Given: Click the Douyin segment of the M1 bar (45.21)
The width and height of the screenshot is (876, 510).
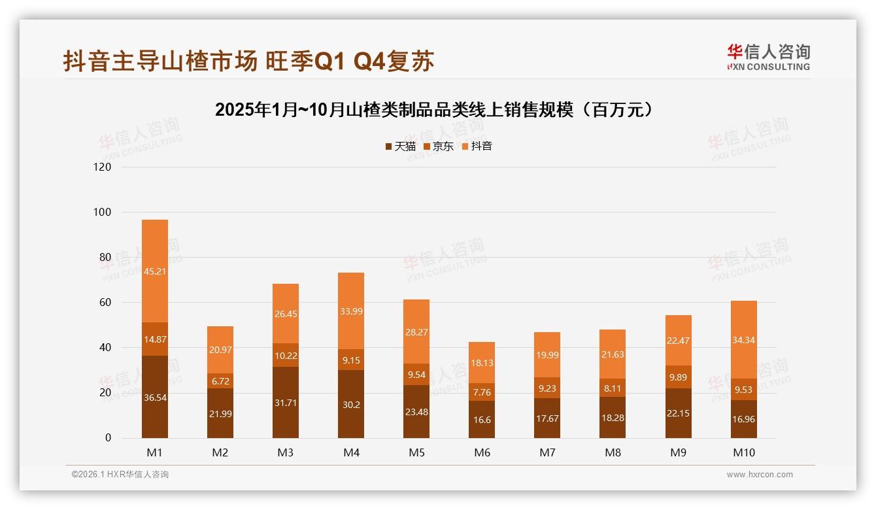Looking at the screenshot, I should (155, 271).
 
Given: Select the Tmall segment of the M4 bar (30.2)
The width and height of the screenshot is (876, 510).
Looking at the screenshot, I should (351, 404).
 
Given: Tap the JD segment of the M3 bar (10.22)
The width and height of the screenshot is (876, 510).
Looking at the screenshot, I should (286, 355).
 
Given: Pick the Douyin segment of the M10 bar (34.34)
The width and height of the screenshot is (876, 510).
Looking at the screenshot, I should (743, 340).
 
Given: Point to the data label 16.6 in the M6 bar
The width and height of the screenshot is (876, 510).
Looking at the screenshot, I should (482, 419).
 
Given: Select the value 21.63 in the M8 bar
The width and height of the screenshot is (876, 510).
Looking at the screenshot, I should (613, 354).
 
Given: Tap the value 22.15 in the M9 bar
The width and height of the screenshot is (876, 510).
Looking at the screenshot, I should (678, 413).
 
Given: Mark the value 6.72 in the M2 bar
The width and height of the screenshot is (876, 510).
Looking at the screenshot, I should (220, 381).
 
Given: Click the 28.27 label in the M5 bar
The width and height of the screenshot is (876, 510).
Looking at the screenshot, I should (416, 332).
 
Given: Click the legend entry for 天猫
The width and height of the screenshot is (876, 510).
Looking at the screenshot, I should (400, 146).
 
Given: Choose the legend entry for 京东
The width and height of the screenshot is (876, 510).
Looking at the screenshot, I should (439, 146).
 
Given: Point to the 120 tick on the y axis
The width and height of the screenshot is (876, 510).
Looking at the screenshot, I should (103, 167).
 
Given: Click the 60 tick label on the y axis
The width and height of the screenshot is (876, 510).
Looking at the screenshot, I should (105, 302).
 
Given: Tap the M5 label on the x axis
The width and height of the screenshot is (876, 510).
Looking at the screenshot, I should (416, 452).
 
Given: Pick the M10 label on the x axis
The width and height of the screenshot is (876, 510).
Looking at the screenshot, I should (743, 452).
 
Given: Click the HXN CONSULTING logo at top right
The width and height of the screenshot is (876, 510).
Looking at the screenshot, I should (768, 58).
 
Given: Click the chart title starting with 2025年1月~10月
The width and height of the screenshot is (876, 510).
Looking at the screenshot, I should (434, 110).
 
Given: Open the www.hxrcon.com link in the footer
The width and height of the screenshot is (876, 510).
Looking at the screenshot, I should (760, 475).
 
